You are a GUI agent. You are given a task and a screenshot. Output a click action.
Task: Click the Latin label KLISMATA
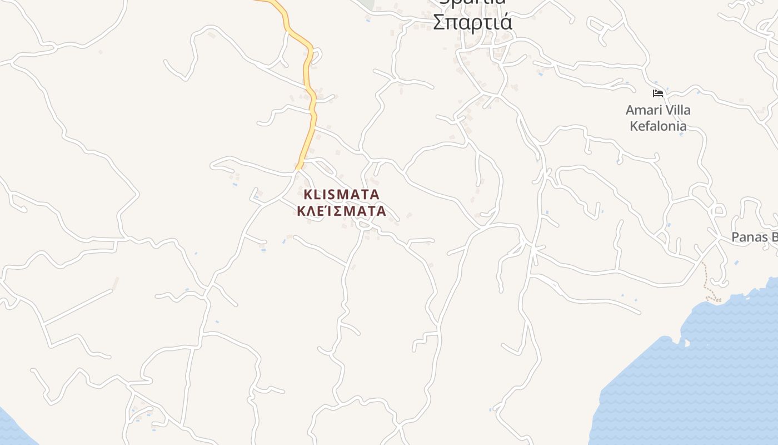(341, 195)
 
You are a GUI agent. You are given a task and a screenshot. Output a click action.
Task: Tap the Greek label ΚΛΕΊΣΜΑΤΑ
(341, 211)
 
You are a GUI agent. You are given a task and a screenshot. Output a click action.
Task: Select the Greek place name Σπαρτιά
(472, 22)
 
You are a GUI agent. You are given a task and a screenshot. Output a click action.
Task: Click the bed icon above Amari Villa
(658, 93)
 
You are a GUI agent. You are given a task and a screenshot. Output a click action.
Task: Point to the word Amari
(644, 110)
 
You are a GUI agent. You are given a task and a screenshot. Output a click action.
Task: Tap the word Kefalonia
(658, 126)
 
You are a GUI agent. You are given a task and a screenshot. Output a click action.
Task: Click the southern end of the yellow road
(299, 166)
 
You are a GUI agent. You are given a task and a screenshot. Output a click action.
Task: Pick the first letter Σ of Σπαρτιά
(438, 23)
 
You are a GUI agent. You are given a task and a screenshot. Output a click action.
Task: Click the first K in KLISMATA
(308, 195)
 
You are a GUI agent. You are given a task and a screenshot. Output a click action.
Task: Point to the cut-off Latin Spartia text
(472, 2)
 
